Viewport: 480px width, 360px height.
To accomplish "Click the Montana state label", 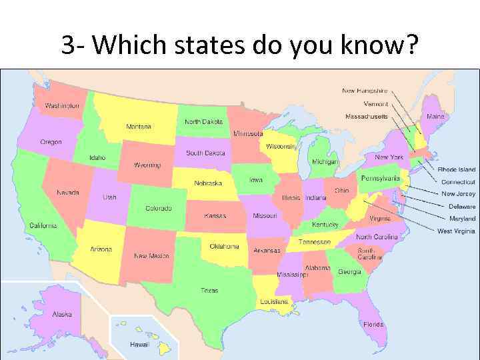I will pyautogui.click(x=139, y=126).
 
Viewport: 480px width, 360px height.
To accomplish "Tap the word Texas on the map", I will pyautogui.click(x=209, y=290).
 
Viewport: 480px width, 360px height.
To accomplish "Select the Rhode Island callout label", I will pyautogui.click(x=457, y=170).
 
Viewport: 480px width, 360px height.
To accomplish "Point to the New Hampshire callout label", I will pyautogui.click(x=365, y=91).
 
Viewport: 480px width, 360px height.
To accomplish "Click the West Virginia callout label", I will pyautogui.click(x=457, y=231).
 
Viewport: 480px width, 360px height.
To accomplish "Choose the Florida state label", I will pyautogui.click(x=373, y=325).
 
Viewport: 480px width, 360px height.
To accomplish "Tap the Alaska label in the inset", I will pyautogui.click(x=63, y=314).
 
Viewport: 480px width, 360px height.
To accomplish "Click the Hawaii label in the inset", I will pyautogui.click(x=139, y=345).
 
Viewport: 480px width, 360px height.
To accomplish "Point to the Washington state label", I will pyautogui.click(x=62, y=105).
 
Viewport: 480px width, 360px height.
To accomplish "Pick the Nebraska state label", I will pyautogui.click(x=207, y=183).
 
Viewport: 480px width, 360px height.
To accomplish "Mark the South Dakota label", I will pyautogui.click(x=205, y=153).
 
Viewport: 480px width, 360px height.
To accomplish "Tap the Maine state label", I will pyautogui.click(x=435, y=117).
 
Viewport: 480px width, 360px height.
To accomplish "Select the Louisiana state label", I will pyautogui.click(x=274, y=301).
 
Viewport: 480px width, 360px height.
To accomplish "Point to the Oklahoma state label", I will pyautogui.click(x=224, y=246).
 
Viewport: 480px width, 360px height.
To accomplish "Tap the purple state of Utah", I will pyautogui.click(x=110, y=197).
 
